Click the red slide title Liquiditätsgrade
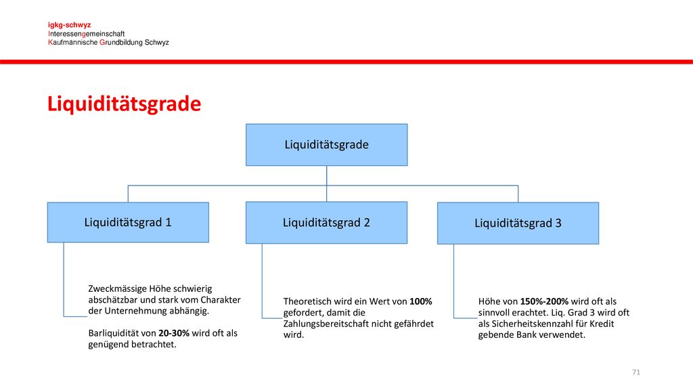click(x=125, y=104)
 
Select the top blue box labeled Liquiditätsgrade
click(x=327, y=145)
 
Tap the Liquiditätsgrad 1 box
click(x=128, y=222)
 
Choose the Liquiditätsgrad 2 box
click(x=327, y=223)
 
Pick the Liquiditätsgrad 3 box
click(x=518, y=223)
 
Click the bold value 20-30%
click(x=174, y=333)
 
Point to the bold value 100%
click(x=421, y=301)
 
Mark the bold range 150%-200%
click(x=544, y=301)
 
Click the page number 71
click(x=636, y=372)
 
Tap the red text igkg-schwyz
click(x=70, y=25)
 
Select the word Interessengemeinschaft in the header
click(x=86, y=34)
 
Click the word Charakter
click(x=221, y=300)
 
